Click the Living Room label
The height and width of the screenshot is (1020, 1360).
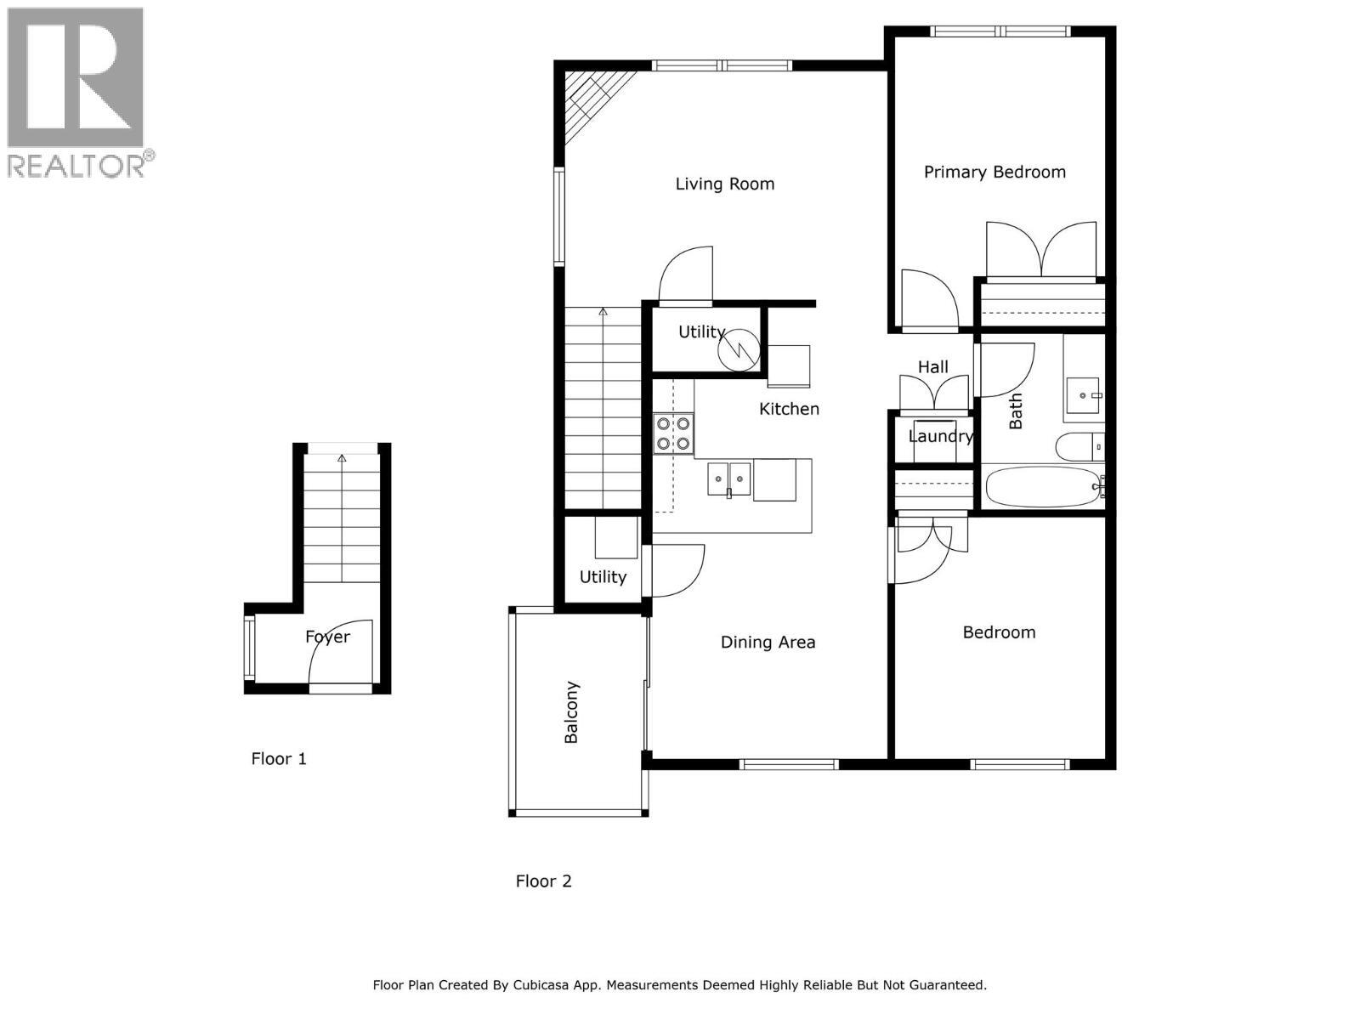(724, 184)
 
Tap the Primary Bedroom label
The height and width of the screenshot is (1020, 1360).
(994, 172)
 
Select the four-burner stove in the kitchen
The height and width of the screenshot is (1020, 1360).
(673, 433)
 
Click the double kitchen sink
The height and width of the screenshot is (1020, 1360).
(729, 479)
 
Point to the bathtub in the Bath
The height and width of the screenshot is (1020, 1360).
(1041, 487)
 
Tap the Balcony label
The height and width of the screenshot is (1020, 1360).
(571, 711)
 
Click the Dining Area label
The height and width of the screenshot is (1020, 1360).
(768, 643)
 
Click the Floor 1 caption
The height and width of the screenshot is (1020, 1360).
(279, 758)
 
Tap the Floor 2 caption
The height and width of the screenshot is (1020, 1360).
(543, 881)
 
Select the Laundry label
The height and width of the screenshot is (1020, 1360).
(940, 436)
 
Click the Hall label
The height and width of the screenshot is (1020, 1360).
(932, 367)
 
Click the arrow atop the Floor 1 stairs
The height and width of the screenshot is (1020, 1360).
(342, 459)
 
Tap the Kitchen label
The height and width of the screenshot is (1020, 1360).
(789, 409)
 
